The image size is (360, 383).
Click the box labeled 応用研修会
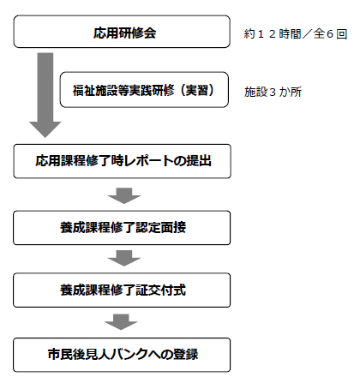pos(122,32)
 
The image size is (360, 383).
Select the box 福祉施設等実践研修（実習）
pos(144,90)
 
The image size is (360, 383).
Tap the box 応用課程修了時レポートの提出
pos(122,161)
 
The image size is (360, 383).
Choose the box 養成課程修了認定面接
pos(122,228)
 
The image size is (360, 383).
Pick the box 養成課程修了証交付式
pos(122,290)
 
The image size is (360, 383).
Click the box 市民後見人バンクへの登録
pos(122,355)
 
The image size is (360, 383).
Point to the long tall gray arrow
pos(45,95)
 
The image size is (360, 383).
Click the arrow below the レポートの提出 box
pos(124,195)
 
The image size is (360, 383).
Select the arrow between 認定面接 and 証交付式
pos(124,258)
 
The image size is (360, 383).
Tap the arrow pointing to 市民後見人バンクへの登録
pos(121,322)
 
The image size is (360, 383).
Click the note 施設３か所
pos(273,92)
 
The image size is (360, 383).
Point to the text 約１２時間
pos(273,34)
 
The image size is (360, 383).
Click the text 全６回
pos(330,34)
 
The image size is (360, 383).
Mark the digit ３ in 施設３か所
pos(273,93)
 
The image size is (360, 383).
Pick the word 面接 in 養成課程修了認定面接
pos(173,228)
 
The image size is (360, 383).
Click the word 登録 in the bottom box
pos(185,355)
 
